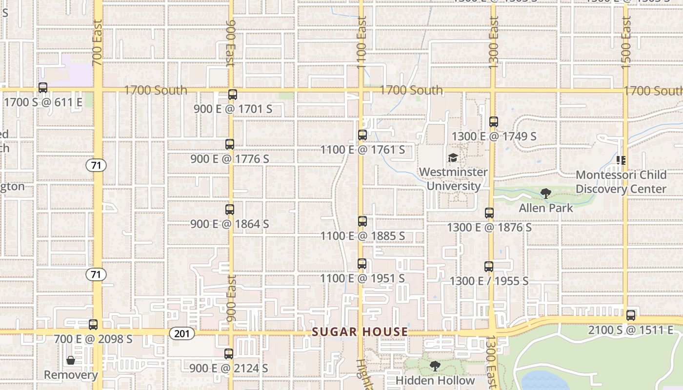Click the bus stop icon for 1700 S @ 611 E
pos(43,88)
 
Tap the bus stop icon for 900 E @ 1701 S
pos(233,95)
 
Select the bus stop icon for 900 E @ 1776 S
pos(230,144)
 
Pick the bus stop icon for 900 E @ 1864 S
pos(230,210)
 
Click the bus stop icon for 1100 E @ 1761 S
pos(362,135)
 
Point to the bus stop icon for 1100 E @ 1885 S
pos(362,221)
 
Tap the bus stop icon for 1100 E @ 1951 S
pos(362,264)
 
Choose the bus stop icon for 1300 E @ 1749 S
pos(494,122)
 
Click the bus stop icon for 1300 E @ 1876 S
pos(489,213)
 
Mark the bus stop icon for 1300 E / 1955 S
pos(489,267)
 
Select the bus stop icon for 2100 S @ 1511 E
pos(631,315)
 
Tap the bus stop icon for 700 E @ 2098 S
pos(93,324)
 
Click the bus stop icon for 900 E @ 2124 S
pos(229,354)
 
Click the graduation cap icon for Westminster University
pos(453,158)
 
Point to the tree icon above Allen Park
pos(546,194)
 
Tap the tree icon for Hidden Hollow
pos(435,366)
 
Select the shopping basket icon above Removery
pos(71,360)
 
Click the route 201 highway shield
pos(182,333)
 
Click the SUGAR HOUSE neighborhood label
pos(360,332)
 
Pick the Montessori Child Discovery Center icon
pos(621,160)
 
